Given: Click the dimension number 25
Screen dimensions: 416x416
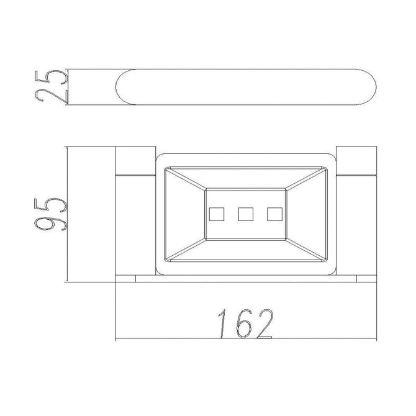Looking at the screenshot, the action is [x=51, y=87].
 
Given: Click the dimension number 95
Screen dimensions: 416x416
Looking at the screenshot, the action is [x=50, y=214].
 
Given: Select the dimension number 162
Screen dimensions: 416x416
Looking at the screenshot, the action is [x=246, y=324].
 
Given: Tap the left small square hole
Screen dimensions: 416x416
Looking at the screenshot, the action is [x=217, y=214].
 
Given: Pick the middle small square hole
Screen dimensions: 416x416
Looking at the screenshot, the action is [x=246, y=214].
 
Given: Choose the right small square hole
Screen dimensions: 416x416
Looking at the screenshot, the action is [x=274, y=214].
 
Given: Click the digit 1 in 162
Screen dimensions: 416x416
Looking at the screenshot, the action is [x=222, y=324].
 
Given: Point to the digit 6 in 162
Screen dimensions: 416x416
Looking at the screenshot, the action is [x=244, y=324].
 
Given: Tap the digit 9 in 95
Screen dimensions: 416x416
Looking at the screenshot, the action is [x=50, y=223].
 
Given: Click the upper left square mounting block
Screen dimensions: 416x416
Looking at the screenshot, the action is [x=135, y=161].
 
